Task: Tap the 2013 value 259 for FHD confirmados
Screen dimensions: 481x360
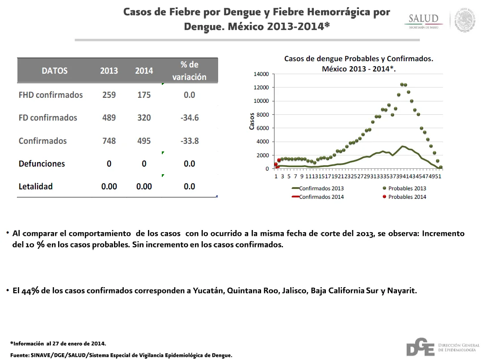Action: pos(109,95)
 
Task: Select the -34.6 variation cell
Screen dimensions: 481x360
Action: pos(190,117)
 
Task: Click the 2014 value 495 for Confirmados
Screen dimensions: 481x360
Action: pos(144,141)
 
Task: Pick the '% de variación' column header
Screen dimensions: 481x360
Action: pos(189,71)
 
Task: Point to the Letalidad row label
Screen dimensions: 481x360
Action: pos(36,186)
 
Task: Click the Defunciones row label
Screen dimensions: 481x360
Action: pos(42,163)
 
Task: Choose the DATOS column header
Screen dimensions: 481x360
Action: pos(55,71)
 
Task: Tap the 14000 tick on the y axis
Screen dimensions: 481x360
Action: pos(261,74)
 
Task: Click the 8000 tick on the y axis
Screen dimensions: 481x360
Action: pos(262,115)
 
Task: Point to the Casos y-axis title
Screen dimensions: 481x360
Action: pos(252,121)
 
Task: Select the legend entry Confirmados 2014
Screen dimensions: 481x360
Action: pos(318,197)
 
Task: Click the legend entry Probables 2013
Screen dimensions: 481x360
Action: pos(404,188)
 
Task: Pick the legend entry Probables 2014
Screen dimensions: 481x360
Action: pos(404,197)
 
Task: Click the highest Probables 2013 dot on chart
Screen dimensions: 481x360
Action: pos(402,84)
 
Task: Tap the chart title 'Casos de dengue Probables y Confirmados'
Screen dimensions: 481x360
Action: pos(359,59)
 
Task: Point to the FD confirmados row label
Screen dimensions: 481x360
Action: pos(48,117)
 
